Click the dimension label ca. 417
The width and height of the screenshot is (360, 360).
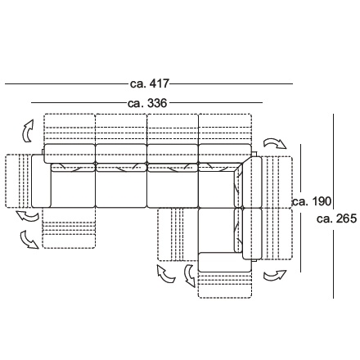(x=150, y=83)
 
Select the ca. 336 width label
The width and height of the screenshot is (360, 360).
(x=147, y=103)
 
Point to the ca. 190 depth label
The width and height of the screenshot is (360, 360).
(x=312, y=201)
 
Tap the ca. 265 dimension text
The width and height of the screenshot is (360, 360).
(x=337, y=218)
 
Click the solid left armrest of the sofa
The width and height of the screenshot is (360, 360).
(x=41, y=181)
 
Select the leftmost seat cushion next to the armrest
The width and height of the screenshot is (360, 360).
(x=73, y=189)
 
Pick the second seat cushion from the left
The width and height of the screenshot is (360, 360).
(x=121, y=189)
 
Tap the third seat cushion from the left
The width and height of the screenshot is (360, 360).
(x=173, y=189)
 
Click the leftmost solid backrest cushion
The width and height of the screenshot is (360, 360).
(x=70, y=154)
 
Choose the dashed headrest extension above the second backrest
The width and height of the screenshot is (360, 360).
(x=121, y=128)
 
